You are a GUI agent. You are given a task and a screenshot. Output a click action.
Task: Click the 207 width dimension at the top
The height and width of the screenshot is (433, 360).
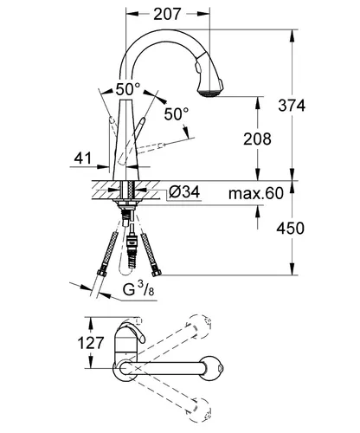(167, 14)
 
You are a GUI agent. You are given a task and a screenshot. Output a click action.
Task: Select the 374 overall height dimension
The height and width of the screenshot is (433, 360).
(292, 105)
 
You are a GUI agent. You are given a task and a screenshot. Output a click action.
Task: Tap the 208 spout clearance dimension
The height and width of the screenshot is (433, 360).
(257, 139)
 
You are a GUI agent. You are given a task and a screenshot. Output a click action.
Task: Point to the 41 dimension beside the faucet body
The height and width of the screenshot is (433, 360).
(83, 158)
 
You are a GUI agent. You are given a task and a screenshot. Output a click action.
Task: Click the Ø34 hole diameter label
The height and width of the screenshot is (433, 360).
(184, 191)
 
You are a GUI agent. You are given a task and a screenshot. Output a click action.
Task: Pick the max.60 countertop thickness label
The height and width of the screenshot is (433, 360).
(256, 193)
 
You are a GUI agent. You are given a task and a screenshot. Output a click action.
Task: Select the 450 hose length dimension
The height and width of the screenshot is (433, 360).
(290, 229)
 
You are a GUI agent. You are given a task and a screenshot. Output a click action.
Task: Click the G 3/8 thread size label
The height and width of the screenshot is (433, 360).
(138, 289)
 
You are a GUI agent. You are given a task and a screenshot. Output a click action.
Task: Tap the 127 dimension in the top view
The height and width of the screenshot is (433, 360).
(91, 343)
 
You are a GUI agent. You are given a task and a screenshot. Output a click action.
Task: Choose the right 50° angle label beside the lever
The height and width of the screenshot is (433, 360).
(177, 114)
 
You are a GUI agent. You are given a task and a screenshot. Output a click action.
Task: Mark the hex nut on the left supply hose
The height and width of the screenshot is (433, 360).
(101, 273)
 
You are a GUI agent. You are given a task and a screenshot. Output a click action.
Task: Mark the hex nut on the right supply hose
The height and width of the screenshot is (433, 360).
(157, 272)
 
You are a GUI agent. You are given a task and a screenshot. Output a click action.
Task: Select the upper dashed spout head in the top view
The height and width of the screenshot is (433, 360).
(200, 326)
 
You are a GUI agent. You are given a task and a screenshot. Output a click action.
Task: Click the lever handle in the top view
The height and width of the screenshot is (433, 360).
(132, 331)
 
